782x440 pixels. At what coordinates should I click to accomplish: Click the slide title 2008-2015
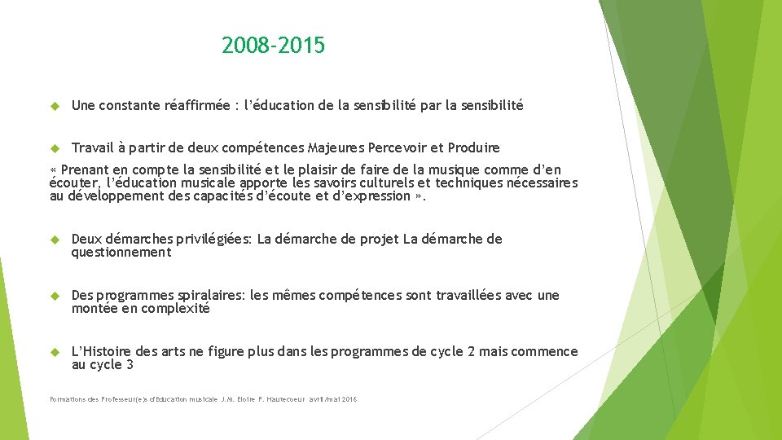point(273,46)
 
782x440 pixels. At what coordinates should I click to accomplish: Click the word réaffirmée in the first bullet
point(196,105)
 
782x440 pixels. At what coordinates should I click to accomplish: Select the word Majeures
point(336,147)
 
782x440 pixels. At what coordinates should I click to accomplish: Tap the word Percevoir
point(397,147)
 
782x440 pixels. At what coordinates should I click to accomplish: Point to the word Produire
point(474,147)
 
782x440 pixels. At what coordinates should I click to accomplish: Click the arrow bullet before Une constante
point(55,106)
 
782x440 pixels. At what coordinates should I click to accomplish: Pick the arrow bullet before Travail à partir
point(55,148)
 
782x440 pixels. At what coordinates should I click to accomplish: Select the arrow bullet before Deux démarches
point(55,240)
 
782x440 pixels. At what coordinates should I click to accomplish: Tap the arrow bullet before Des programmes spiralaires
point(55,296)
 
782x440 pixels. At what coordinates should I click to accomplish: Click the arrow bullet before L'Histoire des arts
point(55,352)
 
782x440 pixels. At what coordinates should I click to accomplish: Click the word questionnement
point(121,253)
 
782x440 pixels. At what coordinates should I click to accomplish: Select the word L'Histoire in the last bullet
point(101,351)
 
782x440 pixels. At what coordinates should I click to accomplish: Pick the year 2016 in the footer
point(349,399)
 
